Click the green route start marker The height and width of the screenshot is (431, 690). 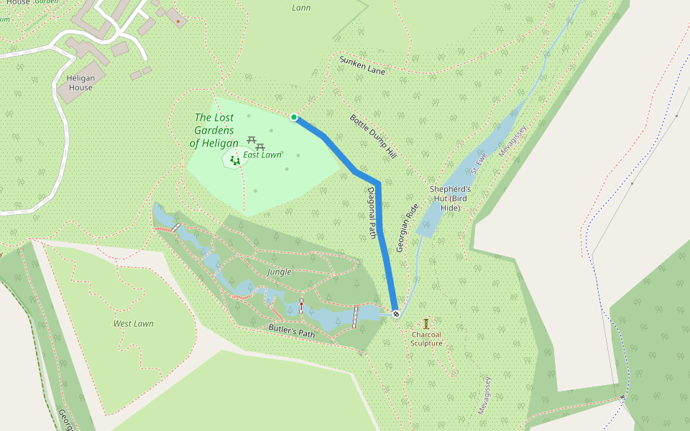tap(294, 117)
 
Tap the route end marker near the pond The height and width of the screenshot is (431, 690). tap(396, 314)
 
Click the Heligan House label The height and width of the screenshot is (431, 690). tap(80, 83)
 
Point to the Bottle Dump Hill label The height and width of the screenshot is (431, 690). tap(373, 136)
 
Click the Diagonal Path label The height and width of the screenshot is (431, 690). tap(372, 213)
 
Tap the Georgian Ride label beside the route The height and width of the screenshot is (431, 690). tap(407, 228)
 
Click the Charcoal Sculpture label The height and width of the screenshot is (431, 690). tap(426, 338)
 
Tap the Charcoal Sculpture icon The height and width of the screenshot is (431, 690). tap(426, 323)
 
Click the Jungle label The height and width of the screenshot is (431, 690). tap(279, 272)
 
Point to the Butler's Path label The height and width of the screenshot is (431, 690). tap(292, 331)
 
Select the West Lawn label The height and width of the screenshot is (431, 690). tap(134, 324)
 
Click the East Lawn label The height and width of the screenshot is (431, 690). tap(262, 154)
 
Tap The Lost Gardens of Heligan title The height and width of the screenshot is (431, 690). tap(214, 130)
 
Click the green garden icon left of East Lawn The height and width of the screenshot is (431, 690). tap(234, 160)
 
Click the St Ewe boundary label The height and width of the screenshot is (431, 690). tap(479, 163)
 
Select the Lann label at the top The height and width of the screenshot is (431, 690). tap(302, 8)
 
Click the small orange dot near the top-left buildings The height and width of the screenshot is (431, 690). tap(178, 22)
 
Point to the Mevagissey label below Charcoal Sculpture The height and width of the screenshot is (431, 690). tap(484, 394)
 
